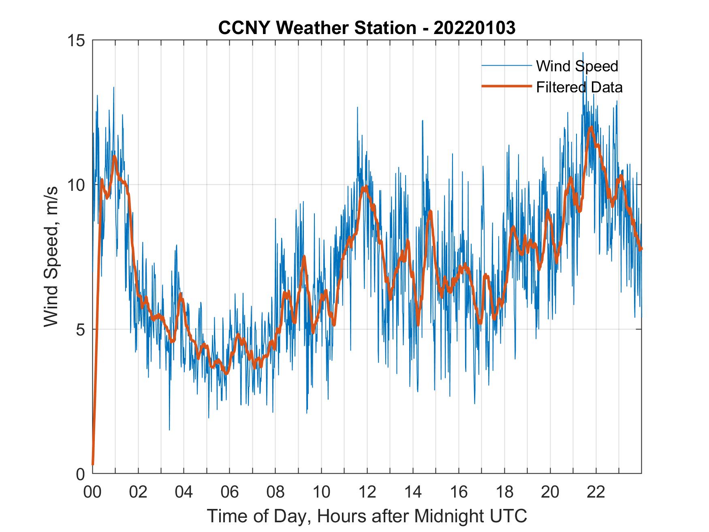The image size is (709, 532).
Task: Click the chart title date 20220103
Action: [x=474, y=28]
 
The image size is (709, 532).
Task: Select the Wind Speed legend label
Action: [x=577, y=66]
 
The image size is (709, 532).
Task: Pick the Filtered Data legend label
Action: [x=579, y=87]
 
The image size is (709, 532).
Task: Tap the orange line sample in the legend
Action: [x=506, y=86]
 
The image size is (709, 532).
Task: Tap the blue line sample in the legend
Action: [x=506, y=66]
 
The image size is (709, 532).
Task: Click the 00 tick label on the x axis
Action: [x=92, y=492]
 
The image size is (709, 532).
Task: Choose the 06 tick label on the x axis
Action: [x=230, y=492]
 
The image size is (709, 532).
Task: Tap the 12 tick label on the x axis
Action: [x=367, y=492]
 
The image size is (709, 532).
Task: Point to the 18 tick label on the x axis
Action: [x=504, y=492]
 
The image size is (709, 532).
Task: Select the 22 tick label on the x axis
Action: [x=596, y=492]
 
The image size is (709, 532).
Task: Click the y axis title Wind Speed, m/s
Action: [x=51, y=256]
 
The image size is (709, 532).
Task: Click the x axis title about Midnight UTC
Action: [x=367, y=516]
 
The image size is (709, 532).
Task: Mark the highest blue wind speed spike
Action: [x=583, y=53]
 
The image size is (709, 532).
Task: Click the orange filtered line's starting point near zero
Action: [x=93, y=464]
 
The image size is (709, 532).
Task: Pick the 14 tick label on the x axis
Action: [x=413, y=492]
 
